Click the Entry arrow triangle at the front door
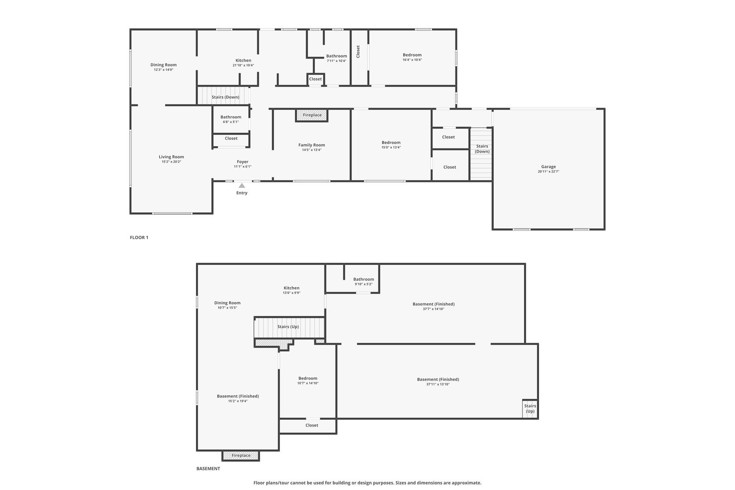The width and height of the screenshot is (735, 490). (x=242, y=186)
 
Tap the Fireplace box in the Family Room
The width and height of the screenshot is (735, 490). (x=312, y=115)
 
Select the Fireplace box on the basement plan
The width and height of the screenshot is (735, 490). (x=241, y=456)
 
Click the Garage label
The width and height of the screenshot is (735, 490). (x=548, y=167)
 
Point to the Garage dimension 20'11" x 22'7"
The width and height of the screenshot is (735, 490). (x=548, y=172)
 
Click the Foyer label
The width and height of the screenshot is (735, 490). (x=243, y=162)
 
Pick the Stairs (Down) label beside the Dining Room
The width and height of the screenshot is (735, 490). (x=225, y=97)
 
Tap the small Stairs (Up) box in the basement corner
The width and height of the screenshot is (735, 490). (x=530, y=409)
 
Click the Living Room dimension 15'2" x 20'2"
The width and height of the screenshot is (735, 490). (x=171, y=162)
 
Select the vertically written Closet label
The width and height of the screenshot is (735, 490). (x=358, y=51)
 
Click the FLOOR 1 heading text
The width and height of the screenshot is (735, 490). (x=139, y=237)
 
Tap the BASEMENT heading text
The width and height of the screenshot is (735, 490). (x=208, y=469)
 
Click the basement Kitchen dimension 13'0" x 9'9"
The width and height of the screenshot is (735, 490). (x=291, y=293)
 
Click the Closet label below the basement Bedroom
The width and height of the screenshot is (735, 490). (x=312, y=425)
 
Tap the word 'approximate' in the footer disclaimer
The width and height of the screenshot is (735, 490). (x=467, y=483)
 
